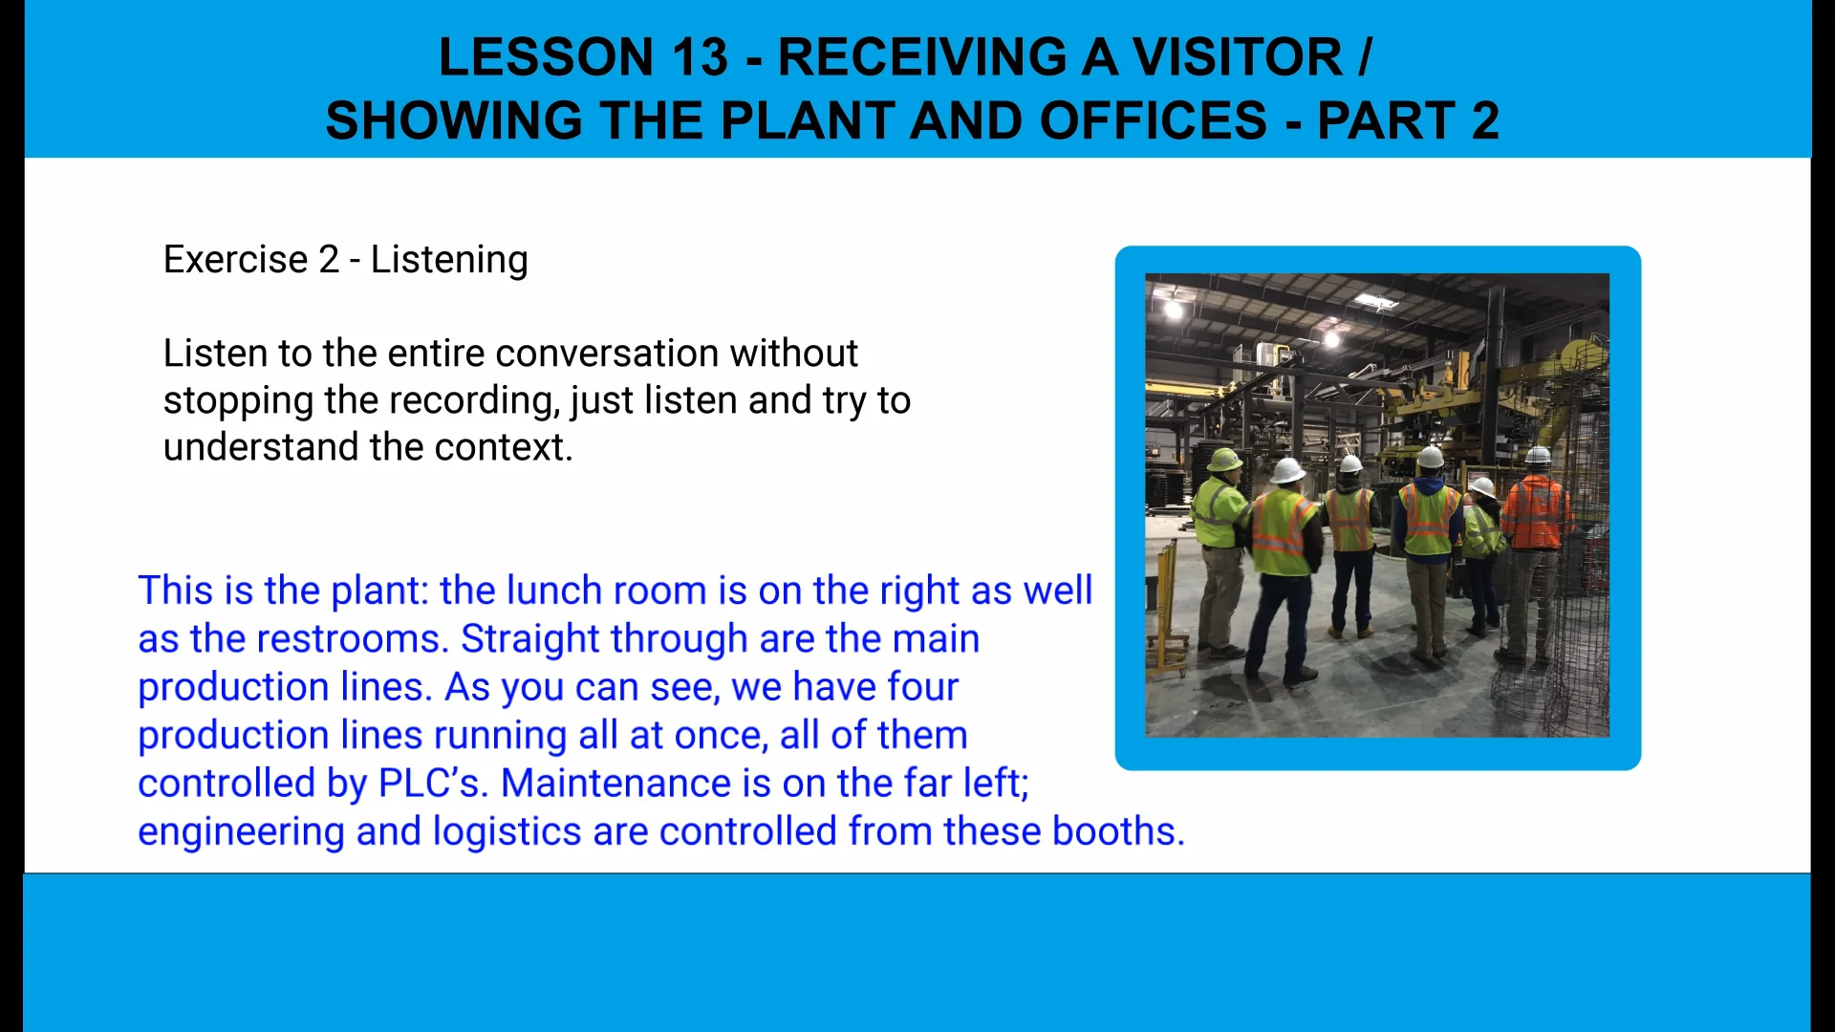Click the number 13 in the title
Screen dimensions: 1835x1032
[700, 57]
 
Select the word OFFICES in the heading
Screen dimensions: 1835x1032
[1154, 121]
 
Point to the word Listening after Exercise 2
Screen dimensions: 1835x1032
[449, 261]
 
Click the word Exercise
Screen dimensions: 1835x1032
[235, 260]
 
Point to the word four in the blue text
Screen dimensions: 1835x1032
[922, 687]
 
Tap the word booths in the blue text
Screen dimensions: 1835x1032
[1118, 830]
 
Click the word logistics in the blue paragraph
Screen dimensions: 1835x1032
[507, 832]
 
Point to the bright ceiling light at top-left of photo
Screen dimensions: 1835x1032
[1174, 309]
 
